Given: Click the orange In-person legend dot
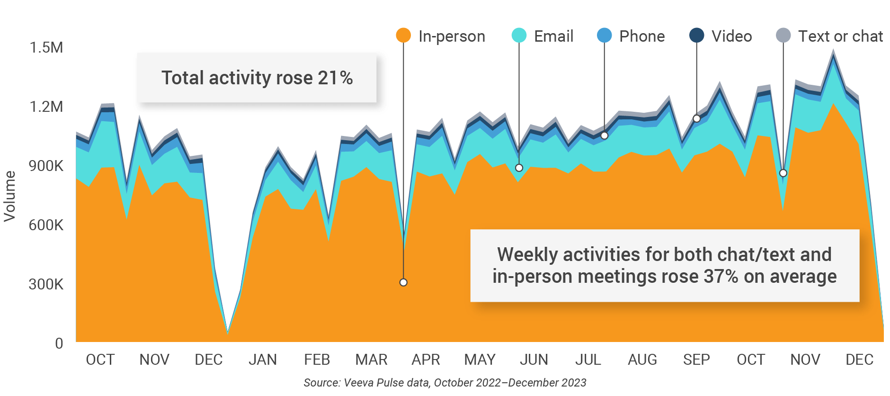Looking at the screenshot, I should [403, 36].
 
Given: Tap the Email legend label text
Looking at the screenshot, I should [553, 36].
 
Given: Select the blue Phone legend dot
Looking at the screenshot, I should [605, 36].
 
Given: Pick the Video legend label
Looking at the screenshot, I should [731, 36].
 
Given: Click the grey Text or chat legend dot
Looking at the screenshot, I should [783, 36].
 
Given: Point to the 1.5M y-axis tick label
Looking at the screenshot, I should [46, 48].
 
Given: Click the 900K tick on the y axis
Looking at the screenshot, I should [46, 166].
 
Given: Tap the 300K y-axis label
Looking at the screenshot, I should [46, 284].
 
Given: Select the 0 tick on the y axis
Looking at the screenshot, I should [59, 343].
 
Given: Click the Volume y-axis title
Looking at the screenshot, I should [10, 196].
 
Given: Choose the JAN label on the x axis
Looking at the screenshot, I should [263, 360].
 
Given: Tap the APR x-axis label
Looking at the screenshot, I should [426, 360].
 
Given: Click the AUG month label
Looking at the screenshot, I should [642, 360].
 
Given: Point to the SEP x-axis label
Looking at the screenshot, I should [696, 360].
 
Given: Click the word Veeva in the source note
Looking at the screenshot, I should [358, 383].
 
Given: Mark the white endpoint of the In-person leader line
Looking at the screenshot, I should [403, 282].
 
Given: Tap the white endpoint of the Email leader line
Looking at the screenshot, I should [519, 168].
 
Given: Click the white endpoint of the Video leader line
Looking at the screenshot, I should [696, 118].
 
